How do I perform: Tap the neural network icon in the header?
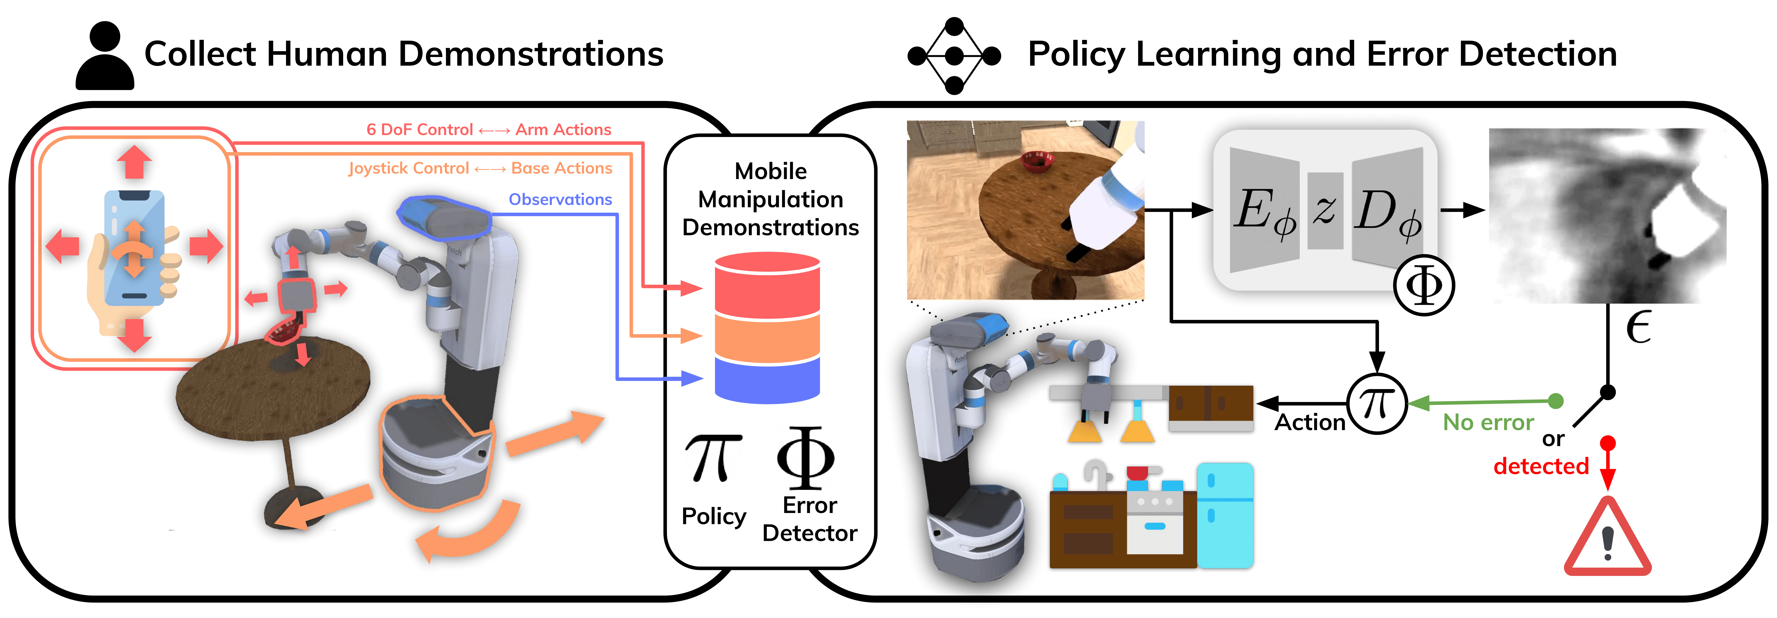point(954,55)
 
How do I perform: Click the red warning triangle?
point(1607,539)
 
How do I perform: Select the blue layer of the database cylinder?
point(767,380)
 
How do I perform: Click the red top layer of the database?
point(767,287)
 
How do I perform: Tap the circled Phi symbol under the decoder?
point(1424,285)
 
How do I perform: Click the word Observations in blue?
point(560,199)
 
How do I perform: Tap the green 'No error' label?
point(1488,422)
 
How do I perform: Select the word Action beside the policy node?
point(1309,422)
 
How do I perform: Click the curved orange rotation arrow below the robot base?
point(469,532)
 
